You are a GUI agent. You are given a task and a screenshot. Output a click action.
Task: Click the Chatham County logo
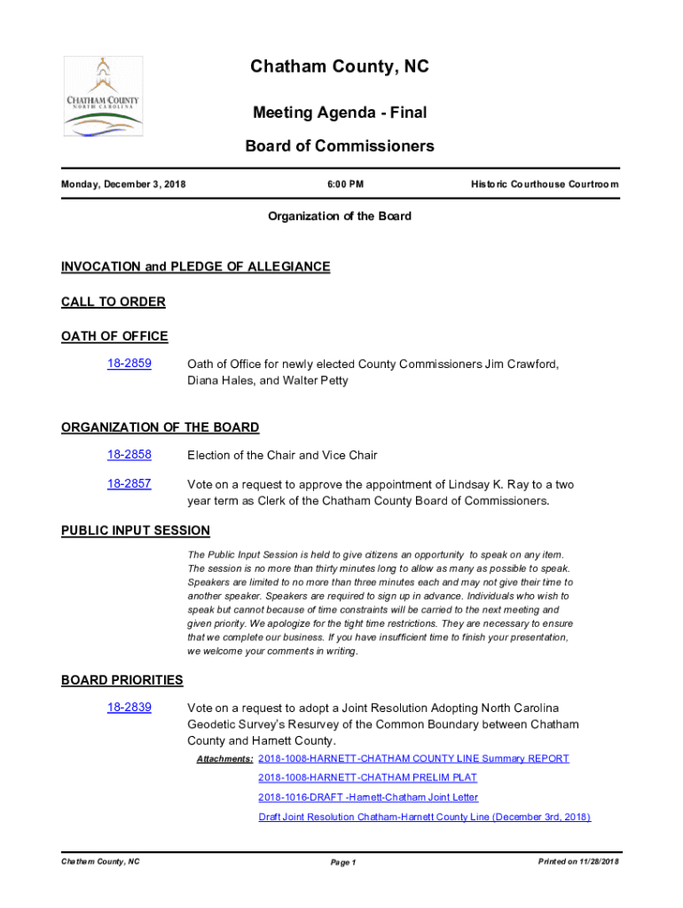click(x=103, y=97)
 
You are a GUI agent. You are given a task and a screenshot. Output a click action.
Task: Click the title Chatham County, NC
click(x=340, y=67)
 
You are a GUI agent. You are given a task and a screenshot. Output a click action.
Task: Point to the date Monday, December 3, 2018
click(x=123, y=184)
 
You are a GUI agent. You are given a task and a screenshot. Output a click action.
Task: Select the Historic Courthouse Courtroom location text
click(x=545, y=184)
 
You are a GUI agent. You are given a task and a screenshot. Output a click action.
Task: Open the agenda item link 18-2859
click(x=130, y=364)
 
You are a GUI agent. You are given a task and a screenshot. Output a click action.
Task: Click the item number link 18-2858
click(x=130, y=455)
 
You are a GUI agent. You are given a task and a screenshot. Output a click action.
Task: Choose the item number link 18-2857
click(x=130, y=484)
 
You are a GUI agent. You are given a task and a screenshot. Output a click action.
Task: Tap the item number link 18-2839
click(x=130, y=708)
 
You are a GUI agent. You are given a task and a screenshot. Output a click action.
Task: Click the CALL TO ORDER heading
click(x=114, y=301)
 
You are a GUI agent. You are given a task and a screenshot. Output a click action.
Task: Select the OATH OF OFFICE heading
click(x=114, y=336)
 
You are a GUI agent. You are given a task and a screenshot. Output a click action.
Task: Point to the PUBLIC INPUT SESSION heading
click(x=136, y=530)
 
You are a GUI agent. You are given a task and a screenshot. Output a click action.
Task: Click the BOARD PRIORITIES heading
click(x=122, y=680)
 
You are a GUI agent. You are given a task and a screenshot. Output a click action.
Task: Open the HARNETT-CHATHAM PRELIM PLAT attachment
click(x=367, y=778)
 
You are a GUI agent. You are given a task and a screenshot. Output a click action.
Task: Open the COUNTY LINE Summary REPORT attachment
click(x=413, y=758)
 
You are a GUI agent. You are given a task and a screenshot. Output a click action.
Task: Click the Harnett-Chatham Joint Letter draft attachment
click(x=368, y=797)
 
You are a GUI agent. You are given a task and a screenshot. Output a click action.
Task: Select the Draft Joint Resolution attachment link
click(x=424, y=817)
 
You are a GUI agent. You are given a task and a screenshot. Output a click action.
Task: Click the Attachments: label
click(x=224, y=759)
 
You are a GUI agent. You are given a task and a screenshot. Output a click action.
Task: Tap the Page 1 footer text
click(x=342, y=863)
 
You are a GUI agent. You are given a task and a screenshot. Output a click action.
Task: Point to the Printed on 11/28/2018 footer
click(x=578, y=862)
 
